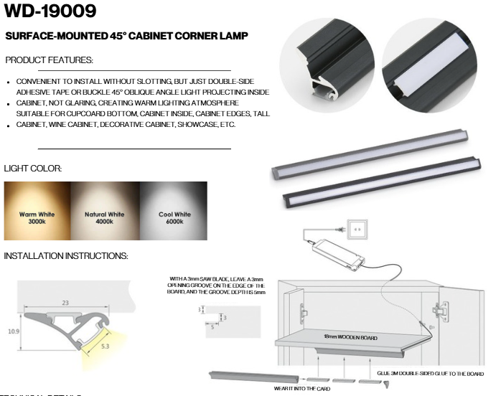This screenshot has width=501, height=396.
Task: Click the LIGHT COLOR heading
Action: [x=33, y=169]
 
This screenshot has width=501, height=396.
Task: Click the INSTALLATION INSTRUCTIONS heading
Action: [x=66, y=256]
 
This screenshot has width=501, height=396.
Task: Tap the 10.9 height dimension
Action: [x=14, y=331]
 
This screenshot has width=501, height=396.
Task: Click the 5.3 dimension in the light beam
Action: [x=106, y=346]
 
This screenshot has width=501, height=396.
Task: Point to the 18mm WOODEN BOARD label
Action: [x=350, y=336]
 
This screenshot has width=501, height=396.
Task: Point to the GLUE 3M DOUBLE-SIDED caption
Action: [x=431, y=374]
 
